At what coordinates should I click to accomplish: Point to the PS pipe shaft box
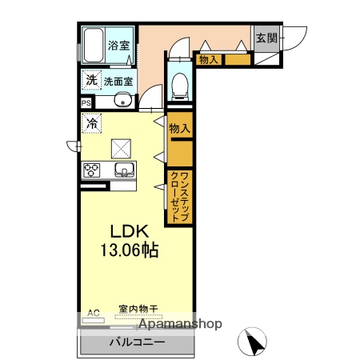(86, 102)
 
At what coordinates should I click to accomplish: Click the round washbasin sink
(122, 100)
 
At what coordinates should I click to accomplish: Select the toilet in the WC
(179, 83)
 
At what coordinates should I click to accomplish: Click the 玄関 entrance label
(266, 38)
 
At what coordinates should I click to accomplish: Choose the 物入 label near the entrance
(209, 59)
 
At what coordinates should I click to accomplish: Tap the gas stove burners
(91, 170)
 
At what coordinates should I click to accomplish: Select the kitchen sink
(123, 170)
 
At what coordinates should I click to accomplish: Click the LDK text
(128, 231)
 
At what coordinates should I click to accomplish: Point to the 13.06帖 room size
(128, 250)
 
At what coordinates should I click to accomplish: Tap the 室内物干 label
(138, 309)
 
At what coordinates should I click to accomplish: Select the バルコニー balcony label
(137, 342)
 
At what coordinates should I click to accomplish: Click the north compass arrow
(255, 343)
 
